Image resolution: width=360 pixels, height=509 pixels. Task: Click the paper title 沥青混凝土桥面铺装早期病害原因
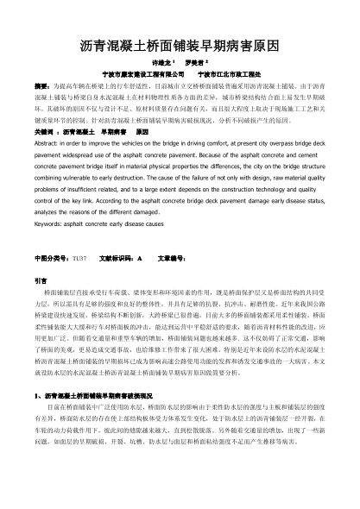tap(180, 43)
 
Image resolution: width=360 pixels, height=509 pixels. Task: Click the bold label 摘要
tap(41, 87)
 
